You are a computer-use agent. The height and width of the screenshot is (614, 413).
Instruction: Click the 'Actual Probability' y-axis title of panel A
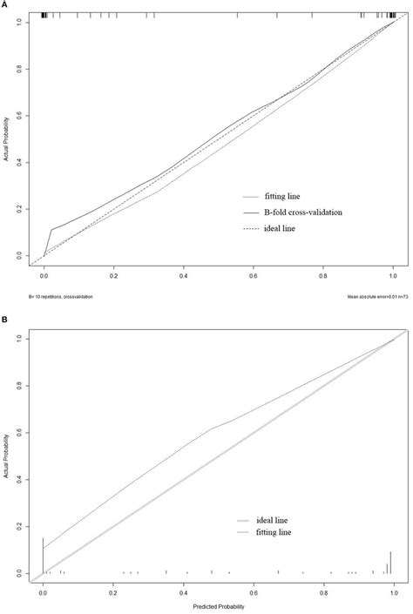pos(6,140)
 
